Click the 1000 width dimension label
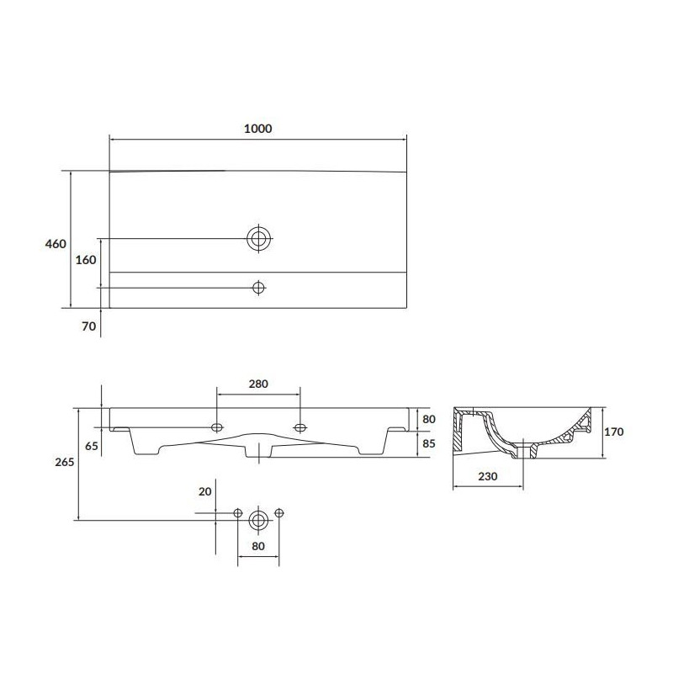click(257, 128)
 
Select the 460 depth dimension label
click(56, 244)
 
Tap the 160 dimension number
click(86, 260)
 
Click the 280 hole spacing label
click(257, 384)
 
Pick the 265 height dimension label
click(65, 462)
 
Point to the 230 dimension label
click(488, 476)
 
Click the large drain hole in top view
click(259, 238)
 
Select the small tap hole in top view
click(259, 288)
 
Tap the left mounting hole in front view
click(218, 427)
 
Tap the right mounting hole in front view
click(299, 427)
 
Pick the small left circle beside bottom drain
click(237, 512)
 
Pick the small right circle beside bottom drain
click(279, 512)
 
